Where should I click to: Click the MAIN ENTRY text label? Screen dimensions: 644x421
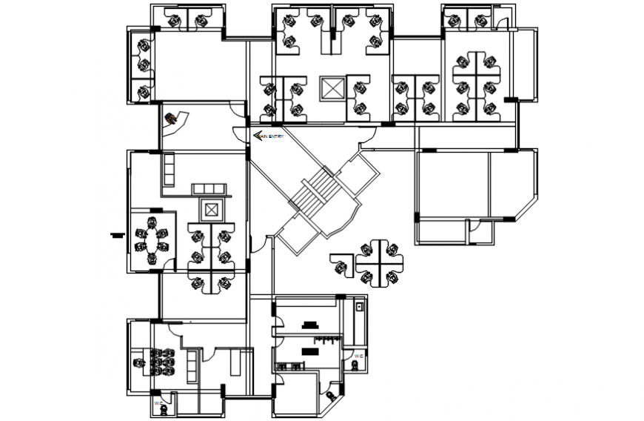pyautogui.click(x=272, y=136)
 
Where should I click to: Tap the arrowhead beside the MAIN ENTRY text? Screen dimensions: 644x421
pyautogui.click(x=257, y=136)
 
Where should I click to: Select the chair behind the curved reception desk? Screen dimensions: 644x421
pyautogui.click(x=171, y=118)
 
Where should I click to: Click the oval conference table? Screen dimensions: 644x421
pyautogui.click(x=152, y=240)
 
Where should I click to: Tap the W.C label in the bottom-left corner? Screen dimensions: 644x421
pyautogui.click(x=158, y=402)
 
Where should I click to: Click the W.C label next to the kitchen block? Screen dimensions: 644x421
pyautogui.click(x=358, y=357)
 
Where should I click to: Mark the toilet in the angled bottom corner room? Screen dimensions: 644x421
pyautogui.click(x=330, y=398)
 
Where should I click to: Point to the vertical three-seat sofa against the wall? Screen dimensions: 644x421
pyautogui.click(x=168, y=169)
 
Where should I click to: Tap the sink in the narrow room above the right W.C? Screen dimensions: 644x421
pyautogui.click(x=360, y=308)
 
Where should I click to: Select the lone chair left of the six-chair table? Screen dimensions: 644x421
pyautogui.click(x=138, y=363)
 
